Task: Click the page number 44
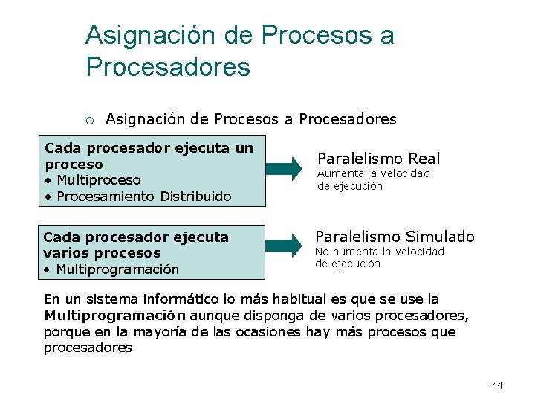(497, 385)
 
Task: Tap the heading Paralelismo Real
(378, 158)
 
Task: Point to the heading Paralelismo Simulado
(395, 237)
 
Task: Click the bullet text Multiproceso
(97, 180)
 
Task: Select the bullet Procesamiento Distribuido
(143, 197)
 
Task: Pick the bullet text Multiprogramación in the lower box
(117, 269)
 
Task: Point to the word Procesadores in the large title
(168, 67)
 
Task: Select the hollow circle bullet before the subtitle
(89, 120)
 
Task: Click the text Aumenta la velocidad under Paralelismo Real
(374, 173)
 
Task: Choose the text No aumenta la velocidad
(380, 252)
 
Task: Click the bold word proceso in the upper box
(74, 164)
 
